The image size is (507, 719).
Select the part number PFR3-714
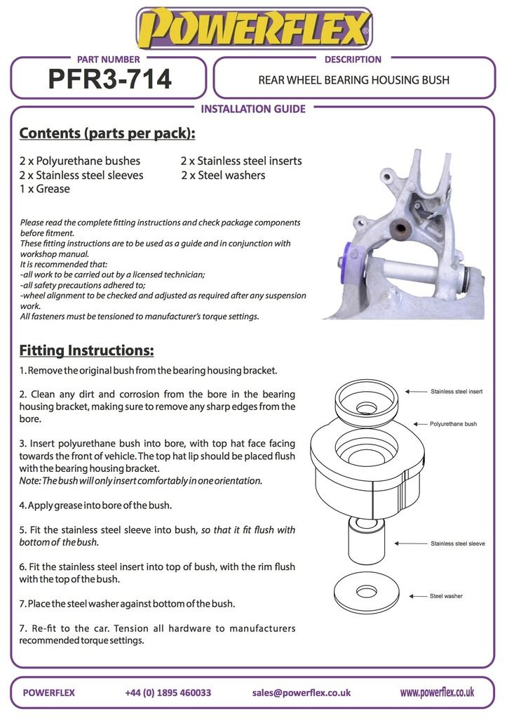coord(109,79)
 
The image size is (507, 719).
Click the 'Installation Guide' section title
coord(253,109)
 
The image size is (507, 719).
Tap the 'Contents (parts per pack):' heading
coord(107,133)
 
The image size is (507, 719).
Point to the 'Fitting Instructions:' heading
coord(86,350)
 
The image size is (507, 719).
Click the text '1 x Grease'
coord(45,189)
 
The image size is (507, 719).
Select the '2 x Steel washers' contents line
coord(223,175)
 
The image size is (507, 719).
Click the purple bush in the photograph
coord(351,260)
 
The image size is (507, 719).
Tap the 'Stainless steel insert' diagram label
coord(457,391)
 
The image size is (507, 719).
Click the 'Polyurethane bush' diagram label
coord(453,424)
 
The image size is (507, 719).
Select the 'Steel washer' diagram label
coord(446,596)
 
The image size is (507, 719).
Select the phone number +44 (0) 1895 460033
coord(168,692)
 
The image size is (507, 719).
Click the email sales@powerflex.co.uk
coord(301,692)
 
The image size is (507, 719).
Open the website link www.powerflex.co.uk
coord(436,692)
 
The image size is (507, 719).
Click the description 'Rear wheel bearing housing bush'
coord(353,80)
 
